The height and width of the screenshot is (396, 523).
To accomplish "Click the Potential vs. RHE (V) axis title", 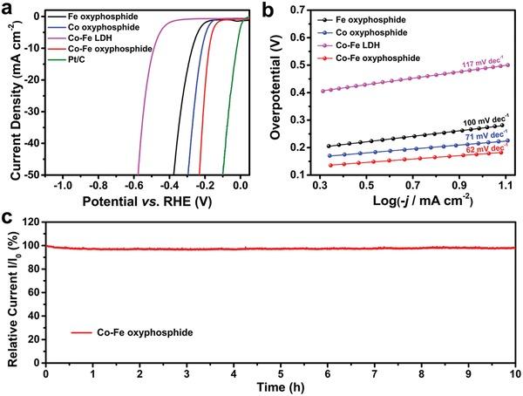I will pyautogui.click(x=143, y=200).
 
